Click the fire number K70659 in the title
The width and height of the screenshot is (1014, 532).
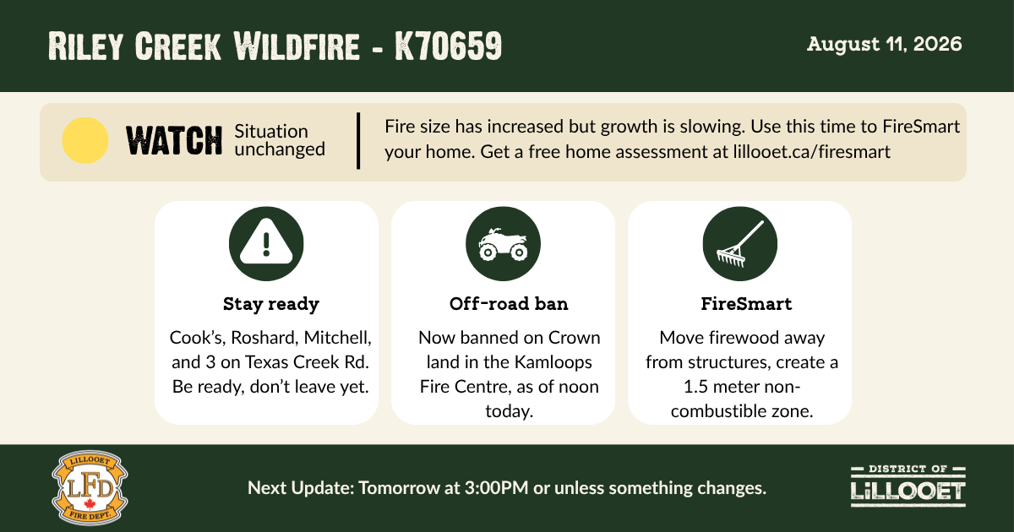point(448,46)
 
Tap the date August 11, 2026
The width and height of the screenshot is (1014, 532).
point(884,44)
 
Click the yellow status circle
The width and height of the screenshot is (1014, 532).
point(85,140)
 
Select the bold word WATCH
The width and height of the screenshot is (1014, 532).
point(174,141)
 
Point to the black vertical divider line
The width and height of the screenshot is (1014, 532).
point(358,141)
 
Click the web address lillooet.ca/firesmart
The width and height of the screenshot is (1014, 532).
point(812,152)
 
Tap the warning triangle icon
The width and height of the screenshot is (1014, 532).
point(266,242)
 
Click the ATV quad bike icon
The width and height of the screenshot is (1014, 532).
point(503,244)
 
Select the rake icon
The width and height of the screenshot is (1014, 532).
point(739,244)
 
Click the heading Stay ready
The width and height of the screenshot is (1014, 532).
point(271,304)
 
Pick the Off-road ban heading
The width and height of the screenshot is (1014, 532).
point(509,304)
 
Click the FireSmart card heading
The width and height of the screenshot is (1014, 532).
point(746,304)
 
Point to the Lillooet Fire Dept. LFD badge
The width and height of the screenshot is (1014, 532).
point(90,488)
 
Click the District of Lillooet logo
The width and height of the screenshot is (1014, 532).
point(908,486)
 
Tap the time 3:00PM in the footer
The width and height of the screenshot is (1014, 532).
point(497,488)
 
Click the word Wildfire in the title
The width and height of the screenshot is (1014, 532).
point(297,46)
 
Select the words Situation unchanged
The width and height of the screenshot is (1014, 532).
point(280,140)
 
